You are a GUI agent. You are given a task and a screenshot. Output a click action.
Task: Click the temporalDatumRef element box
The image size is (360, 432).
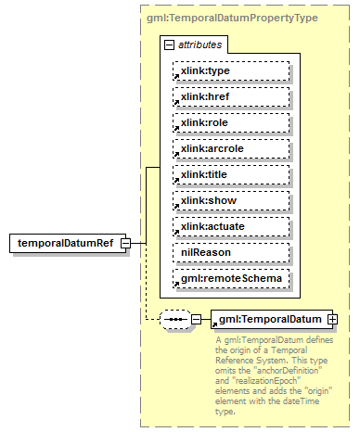coord(66,244)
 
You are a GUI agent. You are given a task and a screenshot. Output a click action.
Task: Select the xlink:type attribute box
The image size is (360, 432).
coord(230,71)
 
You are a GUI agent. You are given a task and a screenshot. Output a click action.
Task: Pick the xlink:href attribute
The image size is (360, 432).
coord(230,97)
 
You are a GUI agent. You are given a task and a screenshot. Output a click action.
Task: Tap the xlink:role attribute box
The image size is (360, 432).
coord(230,123)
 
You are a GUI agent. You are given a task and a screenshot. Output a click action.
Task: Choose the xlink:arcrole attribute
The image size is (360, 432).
coord(230,149)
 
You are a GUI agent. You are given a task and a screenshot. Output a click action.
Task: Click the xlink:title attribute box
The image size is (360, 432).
coord(230,175)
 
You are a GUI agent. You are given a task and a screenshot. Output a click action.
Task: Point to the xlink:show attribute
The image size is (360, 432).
coord(230,201)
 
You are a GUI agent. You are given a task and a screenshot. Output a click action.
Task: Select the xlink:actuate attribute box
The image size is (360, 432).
coord(230,227)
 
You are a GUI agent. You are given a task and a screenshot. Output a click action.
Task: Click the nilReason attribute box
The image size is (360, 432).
coord(230,253)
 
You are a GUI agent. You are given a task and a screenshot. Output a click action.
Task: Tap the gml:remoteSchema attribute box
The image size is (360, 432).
coord(230,279)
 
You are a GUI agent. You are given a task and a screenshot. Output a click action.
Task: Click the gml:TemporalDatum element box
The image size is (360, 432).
coord(264,319)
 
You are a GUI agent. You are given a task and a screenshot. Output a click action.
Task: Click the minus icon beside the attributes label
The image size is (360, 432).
coord(169,44)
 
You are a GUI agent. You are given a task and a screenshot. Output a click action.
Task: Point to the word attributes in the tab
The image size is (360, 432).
coord(199,44)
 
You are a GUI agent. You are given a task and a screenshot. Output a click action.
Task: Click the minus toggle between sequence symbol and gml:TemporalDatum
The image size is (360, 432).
coord(195,319)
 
